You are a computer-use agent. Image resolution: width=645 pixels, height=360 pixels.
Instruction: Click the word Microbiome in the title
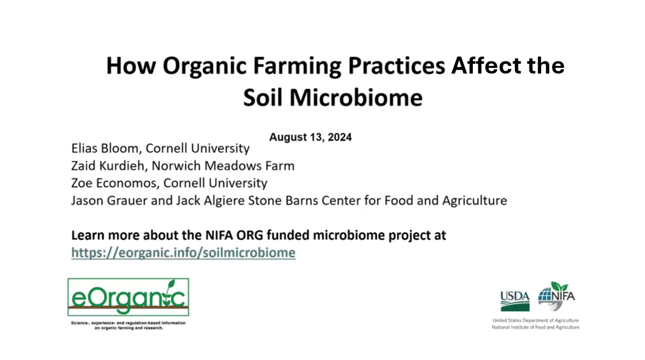tap(356, 97)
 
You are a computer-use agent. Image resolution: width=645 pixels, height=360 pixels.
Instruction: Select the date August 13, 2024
tap(310, 137)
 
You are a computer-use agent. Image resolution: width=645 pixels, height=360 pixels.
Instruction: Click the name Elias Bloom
tap(105, 148)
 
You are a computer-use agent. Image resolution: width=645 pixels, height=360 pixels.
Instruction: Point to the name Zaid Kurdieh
tap(108, 166)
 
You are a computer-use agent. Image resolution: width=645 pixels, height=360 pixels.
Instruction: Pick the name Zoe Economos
tap(114, 183)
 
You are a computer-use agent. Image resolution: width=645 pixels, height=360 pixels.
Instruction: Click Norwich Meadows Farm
tap(223, 166)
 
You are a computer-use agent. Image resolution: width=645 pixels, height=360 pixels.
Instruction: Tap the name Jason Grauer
tap(109, 201)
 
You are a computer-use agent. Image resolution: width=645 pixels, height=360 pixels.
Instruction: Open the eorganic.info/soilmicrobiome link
tap(183, 253)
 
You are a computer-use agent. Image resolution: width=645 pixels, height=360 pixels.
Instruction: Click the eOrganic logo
tap(128, 297)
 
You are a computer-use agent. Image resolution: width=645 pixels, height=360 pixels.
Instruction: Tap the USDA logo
tap(515, 301)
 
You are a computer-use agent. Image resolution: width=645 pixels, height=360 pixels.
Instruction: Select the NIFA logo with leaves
tap(556, 297)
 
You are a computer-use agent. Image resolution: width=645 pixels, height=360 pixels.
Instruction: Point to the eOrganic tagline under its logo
tap(128, 325)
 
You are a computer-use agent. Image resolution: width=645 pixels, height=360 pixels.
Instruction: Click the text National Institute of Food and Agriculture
tap(536, 327)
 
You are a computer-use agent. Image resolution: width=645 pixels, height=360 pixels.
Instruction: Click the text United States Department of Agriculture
tap(536, 320)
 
